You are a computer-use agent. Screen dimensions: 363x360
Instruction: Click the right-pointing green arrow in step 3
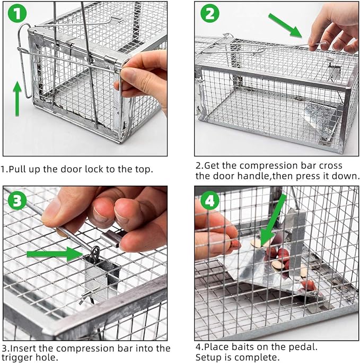[53, 253]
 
